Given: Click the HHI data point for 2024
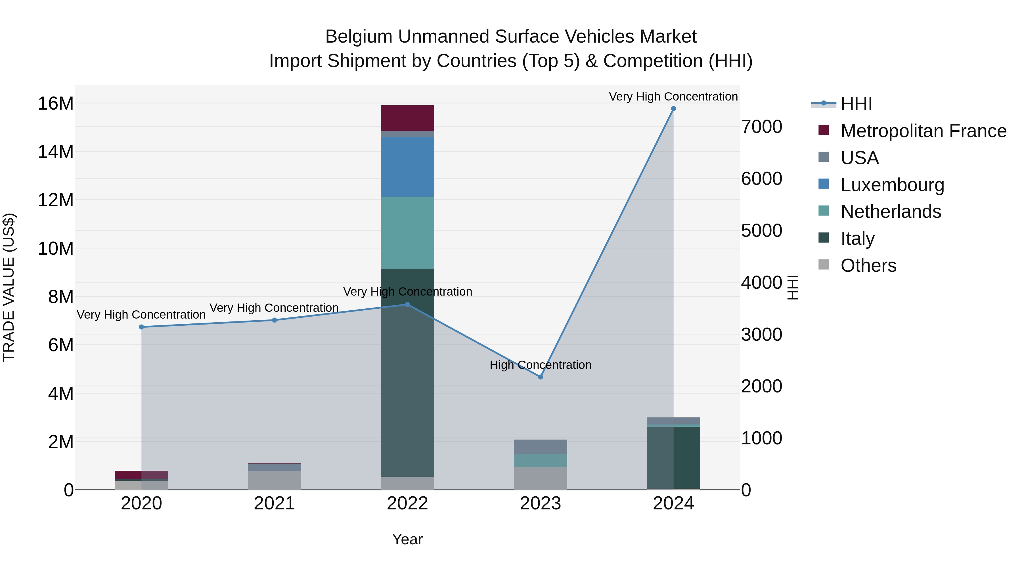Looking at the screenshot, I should point(673,109).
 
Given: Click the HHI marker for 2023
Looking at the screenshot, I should point(540,377).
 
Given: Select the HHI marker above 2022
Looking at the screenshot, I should point(407,305).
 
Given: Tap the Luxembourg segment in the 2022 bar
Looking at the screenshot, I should point(407,167).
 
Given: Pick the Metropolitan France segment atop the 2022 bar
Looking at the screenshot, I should point(407,118).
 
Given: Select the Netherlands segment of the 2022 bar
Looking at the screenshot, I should point(407,233).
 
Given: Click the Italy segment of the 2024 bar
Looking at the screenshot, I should point(673,457).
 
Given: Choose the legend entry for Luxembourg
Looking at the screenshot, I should point(892,185).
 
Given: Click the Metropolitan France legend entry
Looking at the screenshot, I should point(923,131).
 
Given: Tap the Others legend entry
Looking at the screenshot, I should point(868,265).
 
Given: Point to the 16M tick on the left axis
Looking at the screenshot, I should point(56,104).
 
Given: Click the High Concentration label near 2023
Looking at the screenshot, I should point(540,365).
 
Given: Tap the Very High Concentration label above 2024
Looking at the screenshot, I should point(673,97).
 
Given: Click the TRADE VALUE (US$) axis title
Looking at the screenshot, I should point(9,287).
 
